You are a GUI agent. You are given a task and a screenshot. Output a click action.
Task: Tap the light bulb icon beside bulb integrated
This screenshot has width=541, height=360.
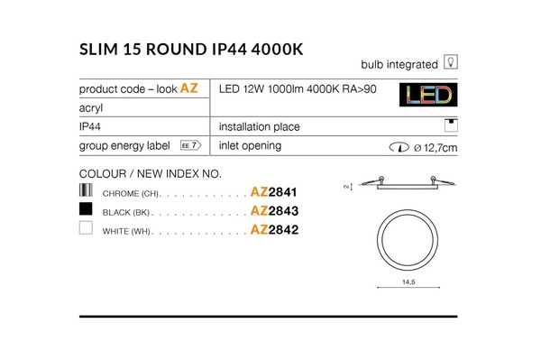(451, 63)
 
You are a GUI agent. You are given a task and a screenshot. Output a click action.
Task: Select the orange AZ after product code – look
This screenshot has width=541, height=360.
(189, 88)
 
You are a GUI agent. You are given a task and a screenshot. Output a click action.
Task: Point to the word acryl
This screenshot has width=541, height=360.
(93, 107)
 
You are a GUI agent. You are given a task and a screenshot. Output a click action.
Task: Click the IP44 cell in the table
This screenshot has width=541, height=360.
(92, 127)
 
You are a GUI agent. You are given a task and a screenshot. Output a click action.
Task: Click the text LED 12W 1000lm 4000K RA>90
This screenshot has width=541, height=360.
(298, 88)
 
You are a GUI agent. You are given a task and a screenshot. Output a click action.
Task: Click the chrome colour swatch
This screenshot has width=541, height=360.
(87, 190)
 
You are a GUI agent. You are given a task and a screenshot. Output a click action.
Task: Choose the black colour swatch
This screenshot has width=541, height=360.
(87, 209)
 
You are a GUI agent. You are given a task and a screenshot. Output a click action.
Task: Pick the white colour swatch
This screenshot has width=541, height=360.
(87, 229)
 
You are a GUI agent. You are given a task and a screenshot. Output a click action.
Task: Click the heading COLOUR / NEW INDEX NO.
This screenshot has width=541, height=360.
(151, 173)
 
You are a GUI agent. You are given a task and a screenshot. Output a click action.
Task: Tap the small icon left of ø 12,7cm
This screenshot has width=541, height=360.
(396, 146)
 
